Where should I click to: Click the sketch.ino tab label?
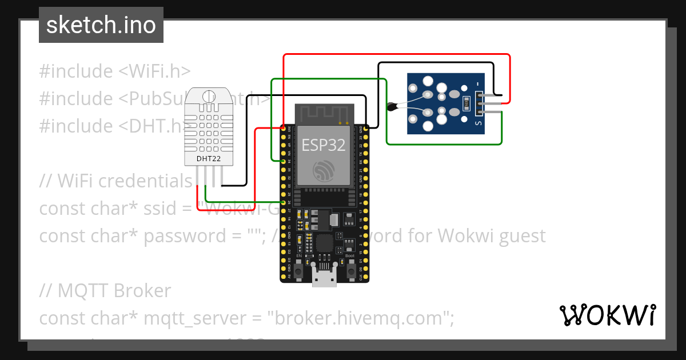[x=101, y=25]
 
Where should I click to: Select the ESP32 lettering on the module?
[x=324, y=145]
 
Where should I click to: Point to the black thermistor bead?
[x=392, y=106]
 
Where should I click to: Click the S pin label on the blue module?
[x=478, y=122]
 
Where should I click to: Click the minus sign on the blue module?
[x=478, y=85]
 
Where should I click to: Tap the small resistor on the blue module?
[x=466, y=103]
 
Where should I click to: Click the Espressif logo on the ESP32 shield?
[x=324, y=170]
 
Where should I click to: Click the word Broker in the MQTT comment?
[x=143, y=291]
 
